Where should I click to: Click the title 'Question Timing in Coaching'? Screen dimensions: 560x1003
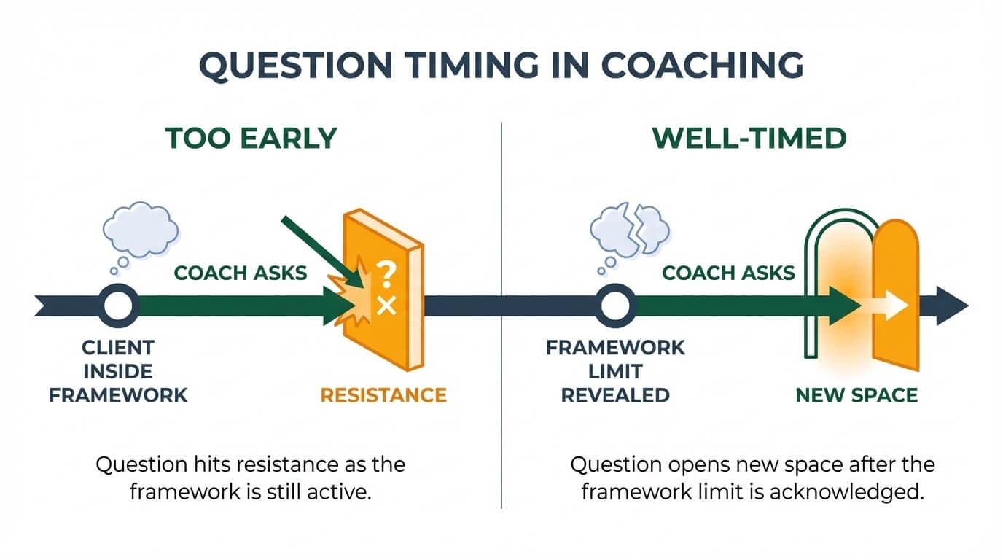click(x=501, y=66)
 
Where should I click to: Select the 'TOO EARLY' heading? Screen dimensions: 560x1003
click(x=251, y=139)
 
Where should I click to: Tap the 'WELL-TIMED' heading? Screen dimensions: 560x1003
click(x=749, y=139)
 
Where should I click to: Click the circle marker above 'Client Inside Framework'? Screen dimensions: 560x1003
click(x=118, y=306)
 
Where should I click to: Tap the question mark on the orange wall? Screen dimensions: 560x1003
click(x=387, y=275)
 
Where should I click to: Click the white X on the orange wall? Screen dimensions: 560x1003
click(x=386, y=307)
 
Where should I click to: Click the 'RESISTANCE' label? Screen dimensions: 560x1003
click(x=383, y=395)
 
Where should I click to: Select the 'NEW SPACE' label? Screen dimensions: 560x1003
click(x=856, y=395)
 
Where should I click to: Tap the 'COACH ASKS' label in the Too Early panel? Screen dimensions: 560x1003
click(x=241, y=273)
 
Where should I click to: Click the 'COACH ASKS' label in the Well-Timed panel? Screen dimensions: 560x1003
click(x=728, y=273)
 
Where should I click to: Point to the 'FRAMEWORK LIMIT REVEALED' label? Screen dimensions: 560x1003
click(x=616, y=371)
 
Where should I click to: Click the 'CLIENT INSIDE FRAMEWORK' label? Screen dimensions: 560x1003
click(x=118, y=371)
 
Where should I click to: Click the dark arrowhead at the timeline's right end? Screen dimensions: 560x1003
click(x=951, y=306)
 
